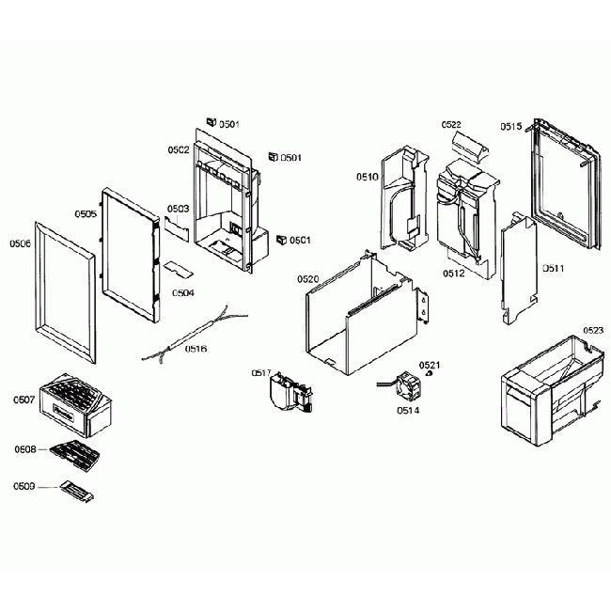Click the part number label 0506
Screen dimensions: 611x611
click(20, 243)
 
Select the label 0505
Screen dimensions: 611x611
click(86, 214)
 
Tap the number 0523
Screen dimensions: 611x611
click(593, 331)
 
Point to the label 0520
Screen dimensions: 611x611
click(308, 279)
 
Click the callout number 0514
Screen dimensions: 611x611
click(408, 410)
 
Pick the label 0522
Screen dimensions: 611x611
click(451, 125)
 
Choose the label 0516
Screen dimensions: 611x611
click(196, 349)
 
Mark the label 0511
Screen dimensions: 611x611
click(553, 268)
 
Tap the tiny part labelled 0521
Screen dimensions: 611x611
click(430, 373)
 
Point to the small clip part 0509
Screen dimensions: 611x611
click(76, 490)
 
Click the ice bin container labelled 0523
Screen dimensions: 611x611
click(545, 390)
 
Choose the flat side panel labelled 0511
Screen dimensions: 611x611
click(516, 268)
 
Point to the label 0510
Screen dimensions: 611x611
click(367, 176)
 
